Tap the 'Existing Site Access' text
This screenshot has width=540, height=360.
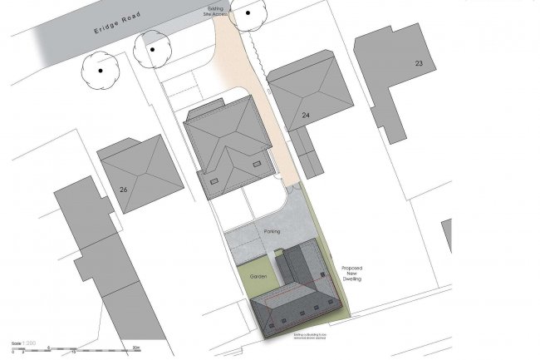pyautogui.click(x=219, y=9)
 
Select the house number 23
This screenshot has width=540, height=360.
pyautogui.click(x=419, y=63)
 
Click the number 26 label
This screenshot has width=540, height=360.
pyautogui.click(x=123, y=190)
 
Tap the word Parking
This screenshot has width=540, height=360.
pyautogui.click(x=272, y=230)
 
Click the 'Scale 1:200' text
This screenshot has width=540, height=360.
pyautogui.click(x=23, y=343)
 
